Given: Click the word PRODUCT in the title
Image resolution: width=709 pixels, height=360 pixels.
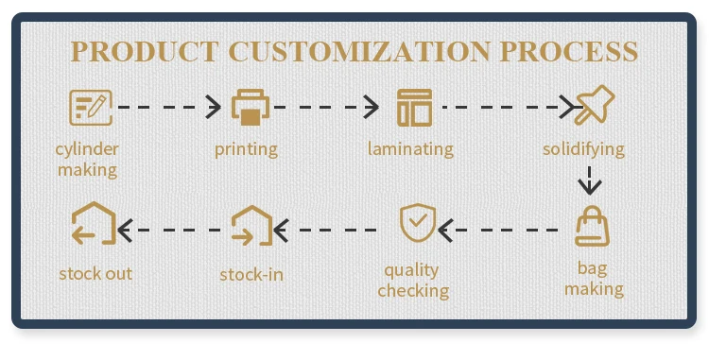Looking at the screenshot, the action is coord(145,51).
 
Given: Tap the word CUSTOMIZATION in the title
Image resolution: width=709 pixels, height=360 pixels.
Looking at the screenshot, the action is coord(359,51).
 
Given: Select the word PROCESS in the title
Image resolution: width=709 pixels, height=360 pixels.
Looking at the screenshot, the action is coord(569,51).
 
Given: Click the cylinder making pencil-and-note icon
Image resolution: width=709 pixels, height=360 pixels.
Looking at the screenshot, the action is coord(91,107).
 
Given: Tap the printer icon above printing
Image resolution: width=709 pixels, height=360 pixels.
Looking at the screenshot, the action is coord(251,107).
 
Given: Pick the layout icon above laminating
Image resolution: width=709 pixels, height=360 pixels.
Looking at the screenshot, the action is coord(414,108).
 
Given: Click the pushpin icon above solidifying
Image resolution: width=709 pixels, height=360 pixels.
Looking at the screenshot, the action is coord(595,105).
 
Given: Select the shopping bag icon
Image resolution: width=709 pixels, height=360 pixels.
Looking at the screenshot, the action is coord(592,226).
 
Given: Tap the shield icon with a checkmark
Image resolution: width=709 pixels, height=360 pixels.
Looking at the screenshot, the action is coord(418,223).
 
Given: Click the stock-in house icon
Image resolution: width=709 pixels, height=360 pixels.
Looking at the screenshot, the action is coord(251,226).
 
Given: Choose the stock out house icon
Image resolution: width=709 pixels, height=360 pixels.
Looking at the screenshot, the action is coord(94,223).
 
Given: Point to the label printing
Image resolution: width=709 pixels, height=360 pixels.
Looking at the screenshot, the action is coord(246,149).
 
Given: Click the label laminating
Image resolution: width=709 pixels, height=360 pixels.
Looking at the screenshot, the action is coord(410,149).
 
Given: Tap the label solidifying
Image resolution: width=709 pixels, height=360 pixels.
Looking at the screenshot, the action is coord(584,149).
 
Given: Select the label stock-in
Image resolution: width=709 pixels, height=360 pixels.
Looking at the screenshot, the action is coord(251,274).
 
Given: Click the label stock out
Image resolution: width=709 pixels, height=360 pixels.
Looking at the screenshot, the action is coord(95,273).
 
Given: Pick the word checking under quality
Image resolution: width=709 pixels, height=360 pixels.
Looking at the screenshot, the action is coord(413,291).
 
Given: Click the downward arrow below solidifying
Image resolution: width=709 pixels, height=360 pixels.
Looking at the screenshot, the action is coord(590,180).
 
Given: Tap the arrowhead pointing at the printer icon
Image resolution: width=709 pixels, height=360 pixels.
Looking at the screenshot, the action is coord(214,107).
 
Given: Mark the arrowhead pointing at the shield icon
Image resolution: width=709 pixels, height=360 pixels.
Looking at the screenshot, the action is coord(446,230).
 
